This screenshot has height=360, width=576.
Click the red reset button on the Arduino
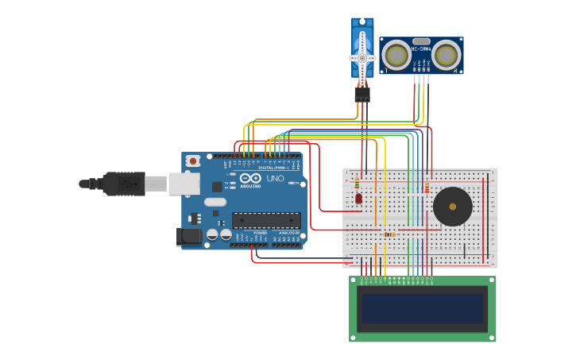tap(192, 161)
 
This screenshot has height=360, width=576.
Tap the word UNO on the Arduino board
tap(274, 179)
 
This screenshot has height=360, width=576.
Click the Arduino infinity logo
tap(250, 179)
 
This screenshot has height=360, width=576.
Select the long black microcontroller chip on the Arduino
tap(265, 220)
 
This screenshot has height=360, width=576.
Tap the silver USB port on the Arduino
tap(184, 184)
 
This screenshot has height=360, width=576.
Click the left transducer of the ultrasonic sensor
tap(396, 55)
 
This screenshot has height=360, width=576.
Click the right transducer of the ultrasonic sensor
tap(446, 55)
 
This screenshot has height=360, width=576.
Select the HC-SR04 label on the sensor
tap(421, 48)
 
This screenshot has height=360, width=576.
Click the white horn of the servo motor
tap(362, 58)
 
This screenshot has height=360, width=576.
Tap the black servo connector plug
tap(362, 94)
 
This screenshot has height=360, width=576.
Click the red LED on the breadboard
tap(358, 198)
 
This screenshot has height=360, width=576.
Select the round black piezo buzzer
tap(453, 207)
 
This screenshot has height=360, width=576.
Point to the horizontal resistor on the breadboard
tap(389, 234)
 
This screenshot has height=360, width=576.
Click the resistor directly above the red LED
tap(357, 184)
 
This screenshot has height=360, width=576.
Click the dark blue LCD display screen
tap(422, 308)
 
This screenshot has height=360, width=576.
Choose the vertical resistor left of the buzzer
tap(427, 188)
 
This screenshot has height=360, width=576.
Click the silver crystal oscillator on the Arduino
tap(215, 202)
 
